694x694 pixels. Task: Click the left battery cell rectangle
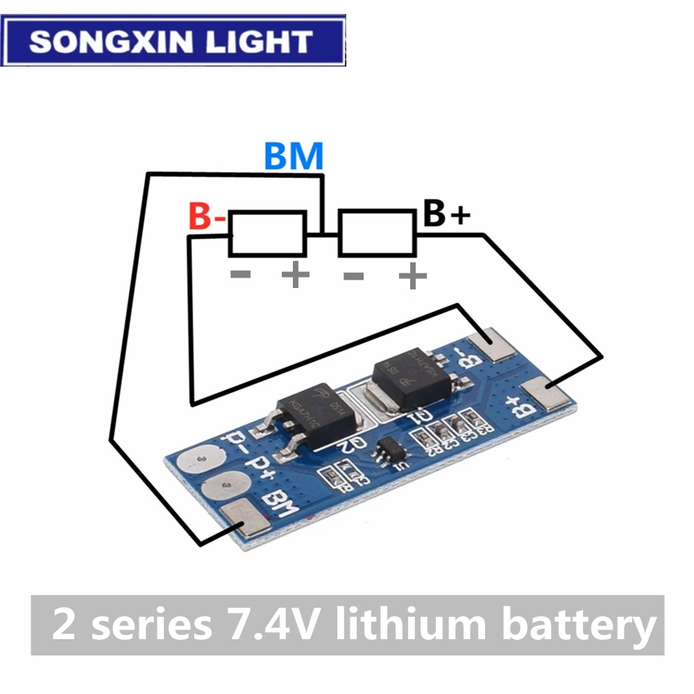[x=267, y=233]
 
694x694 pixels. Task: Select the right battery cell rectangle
[x=377, y=233]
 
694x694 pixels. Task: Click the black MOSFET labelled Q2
[x=306, y=416]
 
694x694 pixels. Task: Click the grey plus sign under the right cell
[x=412, y=278]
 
